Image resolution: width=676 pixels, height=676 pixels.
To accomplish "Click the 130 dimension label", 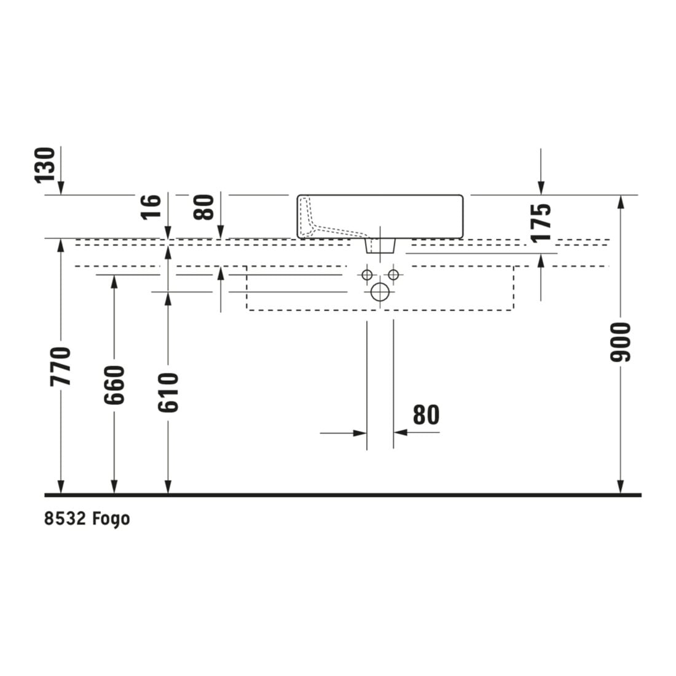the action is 45,165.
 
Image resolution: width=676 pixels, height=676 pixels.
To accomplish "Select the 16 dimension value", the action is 151,207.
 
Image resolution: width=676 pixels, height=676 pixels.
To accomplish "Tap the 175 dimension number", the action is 541,222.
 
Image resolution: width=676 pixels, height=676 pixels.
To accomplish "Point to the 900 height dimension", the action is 621,342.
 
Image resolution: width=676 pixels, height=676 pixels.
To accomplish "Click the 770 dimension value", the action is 60,366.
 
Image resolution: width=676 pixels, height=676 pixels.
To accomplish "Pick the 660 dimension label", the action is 114,385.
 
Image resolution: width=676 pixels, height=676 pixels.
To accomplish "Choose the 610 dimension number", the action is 168,393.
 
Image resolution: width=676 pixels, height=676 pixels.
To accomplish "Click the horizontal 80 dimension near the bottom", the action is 426,415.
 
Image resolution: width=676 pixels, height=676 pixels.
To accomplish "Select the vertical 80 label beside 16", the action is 204,207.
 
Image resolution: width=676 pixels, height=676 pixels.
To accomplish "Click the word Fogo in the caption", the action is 111,519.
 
